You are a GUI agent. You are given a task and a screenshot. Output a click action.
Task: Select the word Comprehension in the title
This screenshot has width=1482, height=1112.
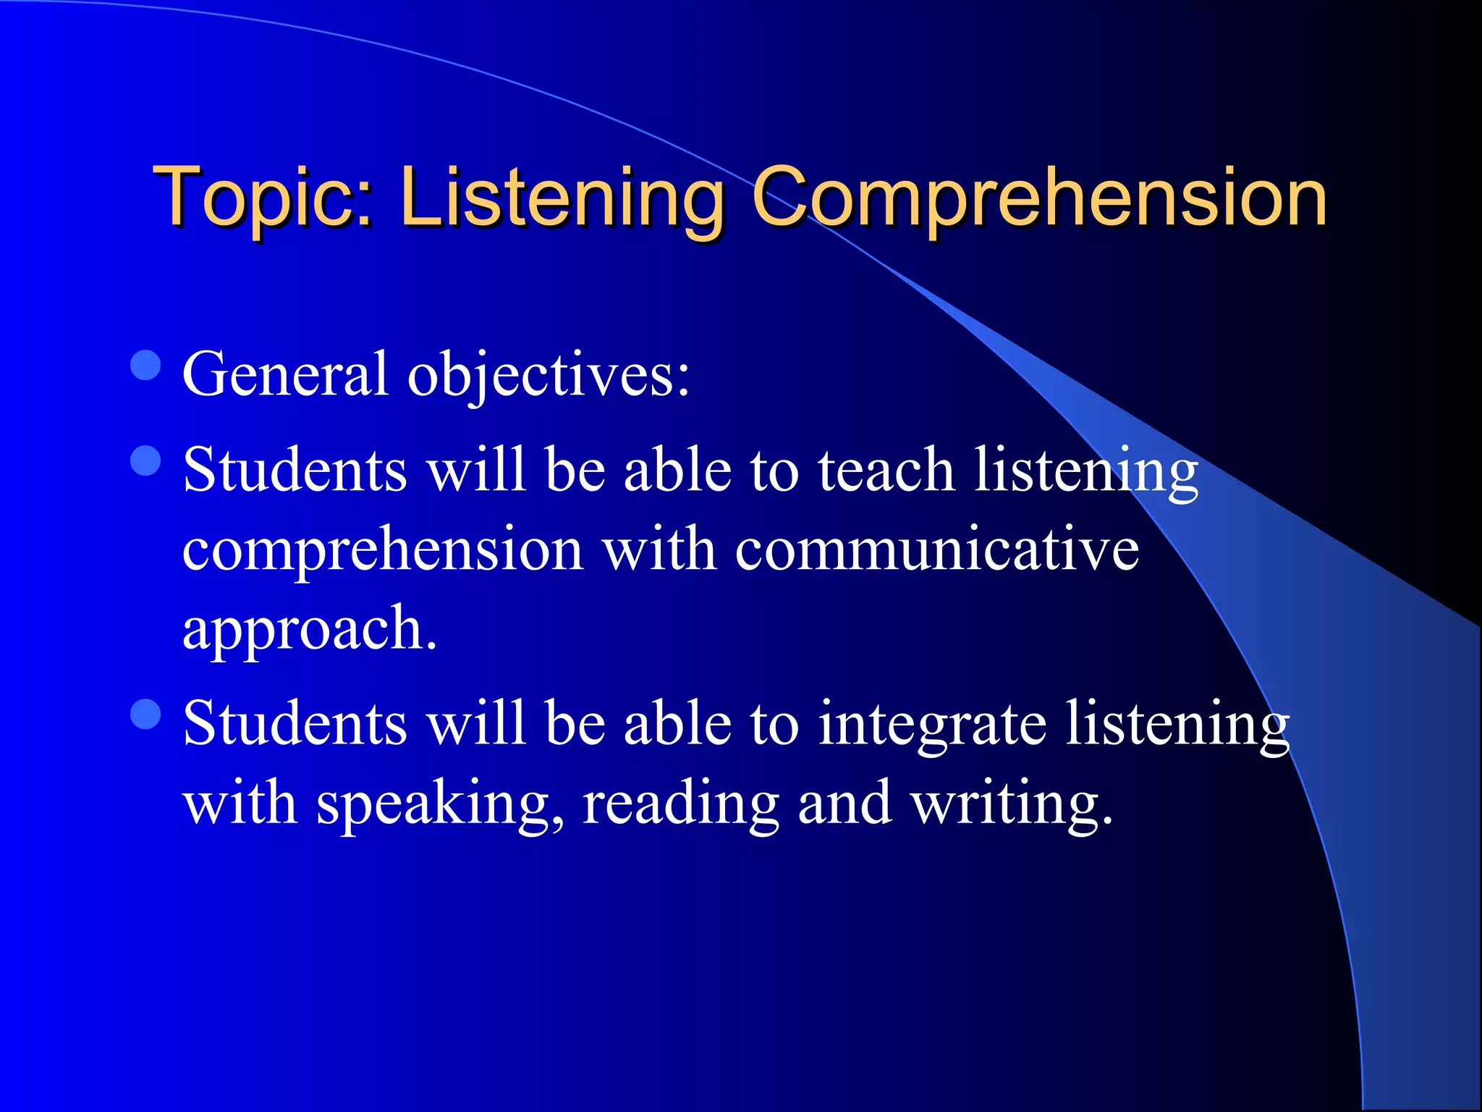1040,197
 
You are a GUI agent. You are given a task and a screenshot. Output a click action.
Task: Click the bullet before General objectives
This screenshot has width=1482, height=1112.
146,366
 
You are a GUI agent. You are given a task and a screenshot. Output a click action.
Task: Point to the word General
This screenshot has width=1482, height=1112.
286,374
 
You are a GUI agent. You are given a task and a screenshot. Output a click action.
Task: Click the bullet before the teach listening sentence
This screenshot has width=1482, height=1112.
146,460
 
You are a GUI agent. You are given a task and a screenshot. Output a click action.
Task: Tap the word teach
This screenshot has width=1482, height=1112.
886,470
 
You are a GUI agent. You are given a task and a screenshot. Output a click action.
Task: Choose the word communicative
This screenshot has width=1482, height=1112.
937,549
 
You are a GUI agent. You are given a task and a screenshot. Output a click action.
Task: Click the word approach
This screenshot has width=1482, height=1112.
310,629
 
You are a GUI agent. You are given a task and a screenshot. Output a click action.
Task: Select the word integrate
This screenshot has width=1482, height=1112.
932,725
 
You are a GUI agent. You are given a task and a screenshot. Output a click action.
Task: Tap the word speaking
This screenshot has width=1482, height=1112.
440,804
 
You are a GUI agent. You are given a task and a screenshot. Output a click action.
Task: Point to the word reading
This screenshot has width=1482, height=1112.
680,804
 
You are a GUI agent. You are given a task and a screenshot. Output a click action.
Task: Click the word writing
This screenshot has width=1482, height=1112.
1011,804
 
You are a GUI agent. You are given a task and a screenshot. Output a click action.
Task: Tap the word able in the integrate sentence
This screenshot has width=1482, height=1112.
677,723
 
